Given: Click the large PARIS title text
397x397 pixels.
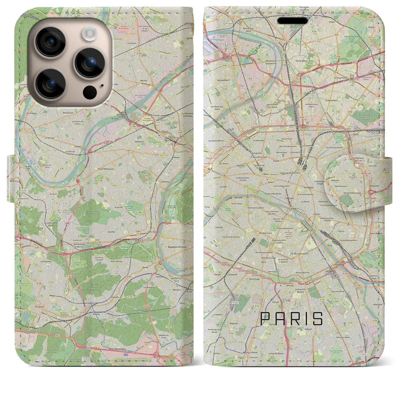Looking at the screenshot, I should click(292, 319).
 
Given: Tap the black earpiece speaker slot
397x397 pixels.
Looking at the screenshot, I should click(293, 21).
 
